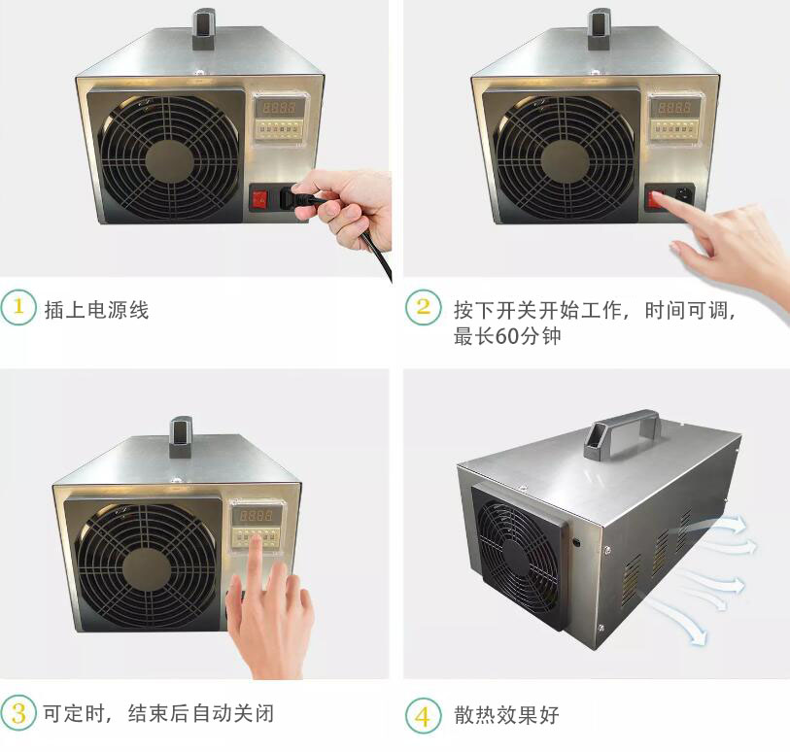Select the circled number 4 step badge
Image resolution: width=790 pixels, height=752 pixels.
[423, 716]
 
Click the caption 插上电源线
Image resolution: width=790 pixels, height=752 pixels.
[96, 310]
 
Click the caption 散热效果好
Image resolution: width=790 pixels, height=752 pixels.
[507, 716]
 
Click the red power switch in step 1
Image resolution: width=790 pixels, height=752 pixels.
[260, 198]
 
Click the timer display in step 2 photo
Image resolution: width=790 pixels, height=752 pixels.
[671, 107]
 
